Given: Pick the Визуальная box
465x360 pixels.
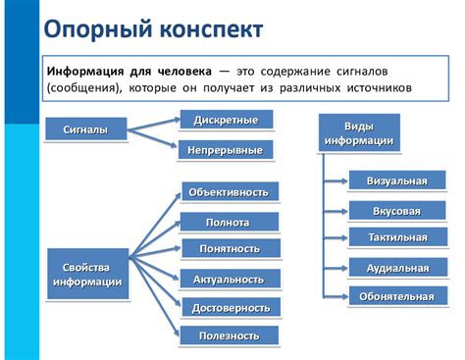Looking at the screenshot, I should (390, 180).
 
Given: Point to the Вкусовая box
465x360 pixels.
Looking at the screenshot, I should (390, 210).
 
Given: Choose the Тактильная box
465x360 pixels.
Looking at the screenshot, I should (390, 238).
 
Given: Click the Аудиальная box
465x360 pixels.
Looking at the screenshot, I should (390, 268).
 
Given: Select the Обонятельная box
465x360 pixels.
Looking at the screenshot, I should (390, 296).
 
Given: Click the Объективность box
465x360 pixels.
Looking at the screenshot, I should (231, 191).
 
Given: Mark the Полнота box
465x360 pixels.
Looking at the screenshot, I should (231, 223).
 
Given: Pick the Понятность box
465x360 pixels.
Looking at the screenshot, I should (231, 249).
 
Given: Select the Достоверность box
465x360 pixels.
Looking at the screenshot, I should (231, 308).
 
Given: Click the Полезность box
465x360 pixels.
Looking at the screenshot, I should (231, 336).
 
